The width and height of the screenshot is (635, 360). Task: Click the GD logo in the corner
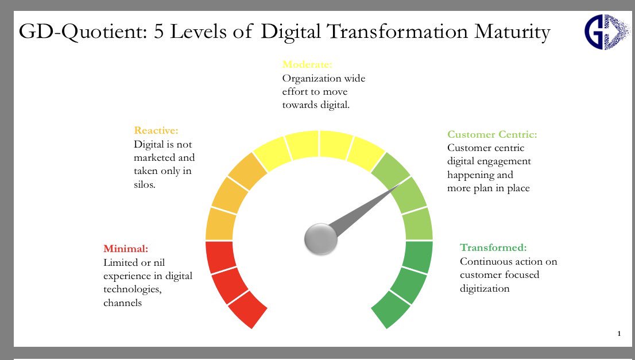coord(606,32)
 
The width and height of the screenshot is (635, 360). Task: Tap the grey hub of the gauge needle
coord(320,239)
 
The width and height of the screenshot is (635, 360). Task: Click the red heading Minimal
coord(126,249)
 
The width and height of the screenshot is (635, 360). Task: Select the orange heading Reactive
coord(156,131)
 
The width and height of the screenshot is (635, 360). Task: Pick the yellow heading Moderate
coord(307,64)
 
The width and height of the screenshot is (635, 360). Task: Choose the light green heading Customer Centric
coord(492,135)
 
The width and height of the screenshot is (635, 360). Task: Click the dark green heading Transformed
coord(493,248)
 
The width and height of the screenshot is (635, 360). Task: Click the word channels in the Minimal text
coord(122,303)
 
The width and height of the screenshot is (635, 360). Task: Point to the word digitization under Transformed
coord(485,288)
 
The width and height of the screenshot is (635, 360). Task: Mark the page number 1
coord(619,334)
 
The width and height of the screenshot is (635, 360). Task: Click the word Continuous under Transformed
coord(485,262)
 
